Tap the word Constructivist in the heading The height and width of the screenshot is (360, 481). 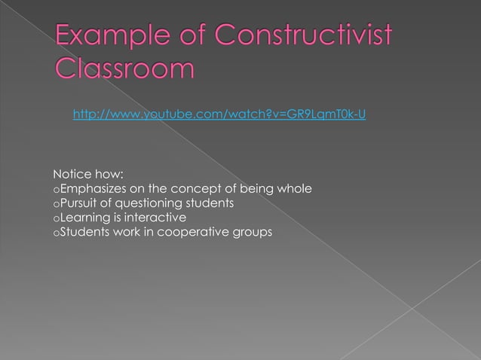click(x=302, y=37)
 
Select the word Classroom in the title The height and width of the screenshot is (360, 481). click(x=124, y=69)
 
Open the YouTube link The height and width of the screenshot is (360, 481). click(x=219, y=114)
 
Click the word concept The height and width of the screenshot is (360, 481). click(x=198, y=188)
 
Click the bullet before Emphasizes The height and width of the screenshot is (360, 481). click(x=56, y=190)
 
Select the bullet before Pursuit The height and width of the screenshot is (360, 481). click(x=56, y=204)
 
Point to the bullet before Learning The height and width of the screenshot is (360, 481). click(x=56, y=219)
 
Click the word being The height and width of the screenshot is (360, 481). click(x=256, y=188)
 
